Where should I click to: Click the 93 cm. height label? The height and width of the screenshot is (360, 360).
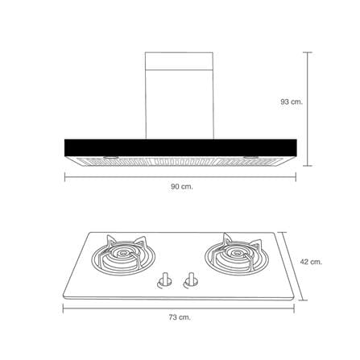point(292,102)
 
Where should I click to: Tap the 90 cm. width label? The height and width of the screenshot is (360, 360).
point(182,187)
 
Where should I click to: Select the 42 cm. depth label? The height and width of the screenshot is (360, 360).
point(311,262)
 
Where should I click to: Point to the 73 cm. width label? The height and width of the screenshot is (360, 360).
point(180,317)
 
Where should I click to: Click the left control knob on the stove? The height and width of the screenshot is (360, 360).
point(164,280)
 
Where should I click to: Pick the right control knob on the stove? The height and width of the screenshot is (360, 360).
point(191,280)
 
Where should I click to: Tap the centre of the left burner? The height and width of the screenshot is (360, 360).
point(123,253)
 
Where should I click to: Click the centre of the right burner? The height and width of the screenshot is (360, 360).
point(237,253)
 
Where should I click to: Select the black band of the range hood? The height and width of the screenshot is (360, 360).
point(180,147)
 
